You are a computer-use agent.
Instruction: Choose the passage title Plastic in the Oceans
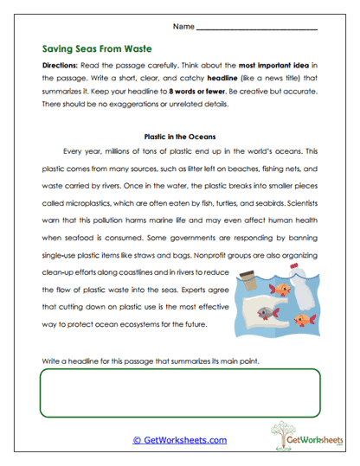[180, 136]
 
